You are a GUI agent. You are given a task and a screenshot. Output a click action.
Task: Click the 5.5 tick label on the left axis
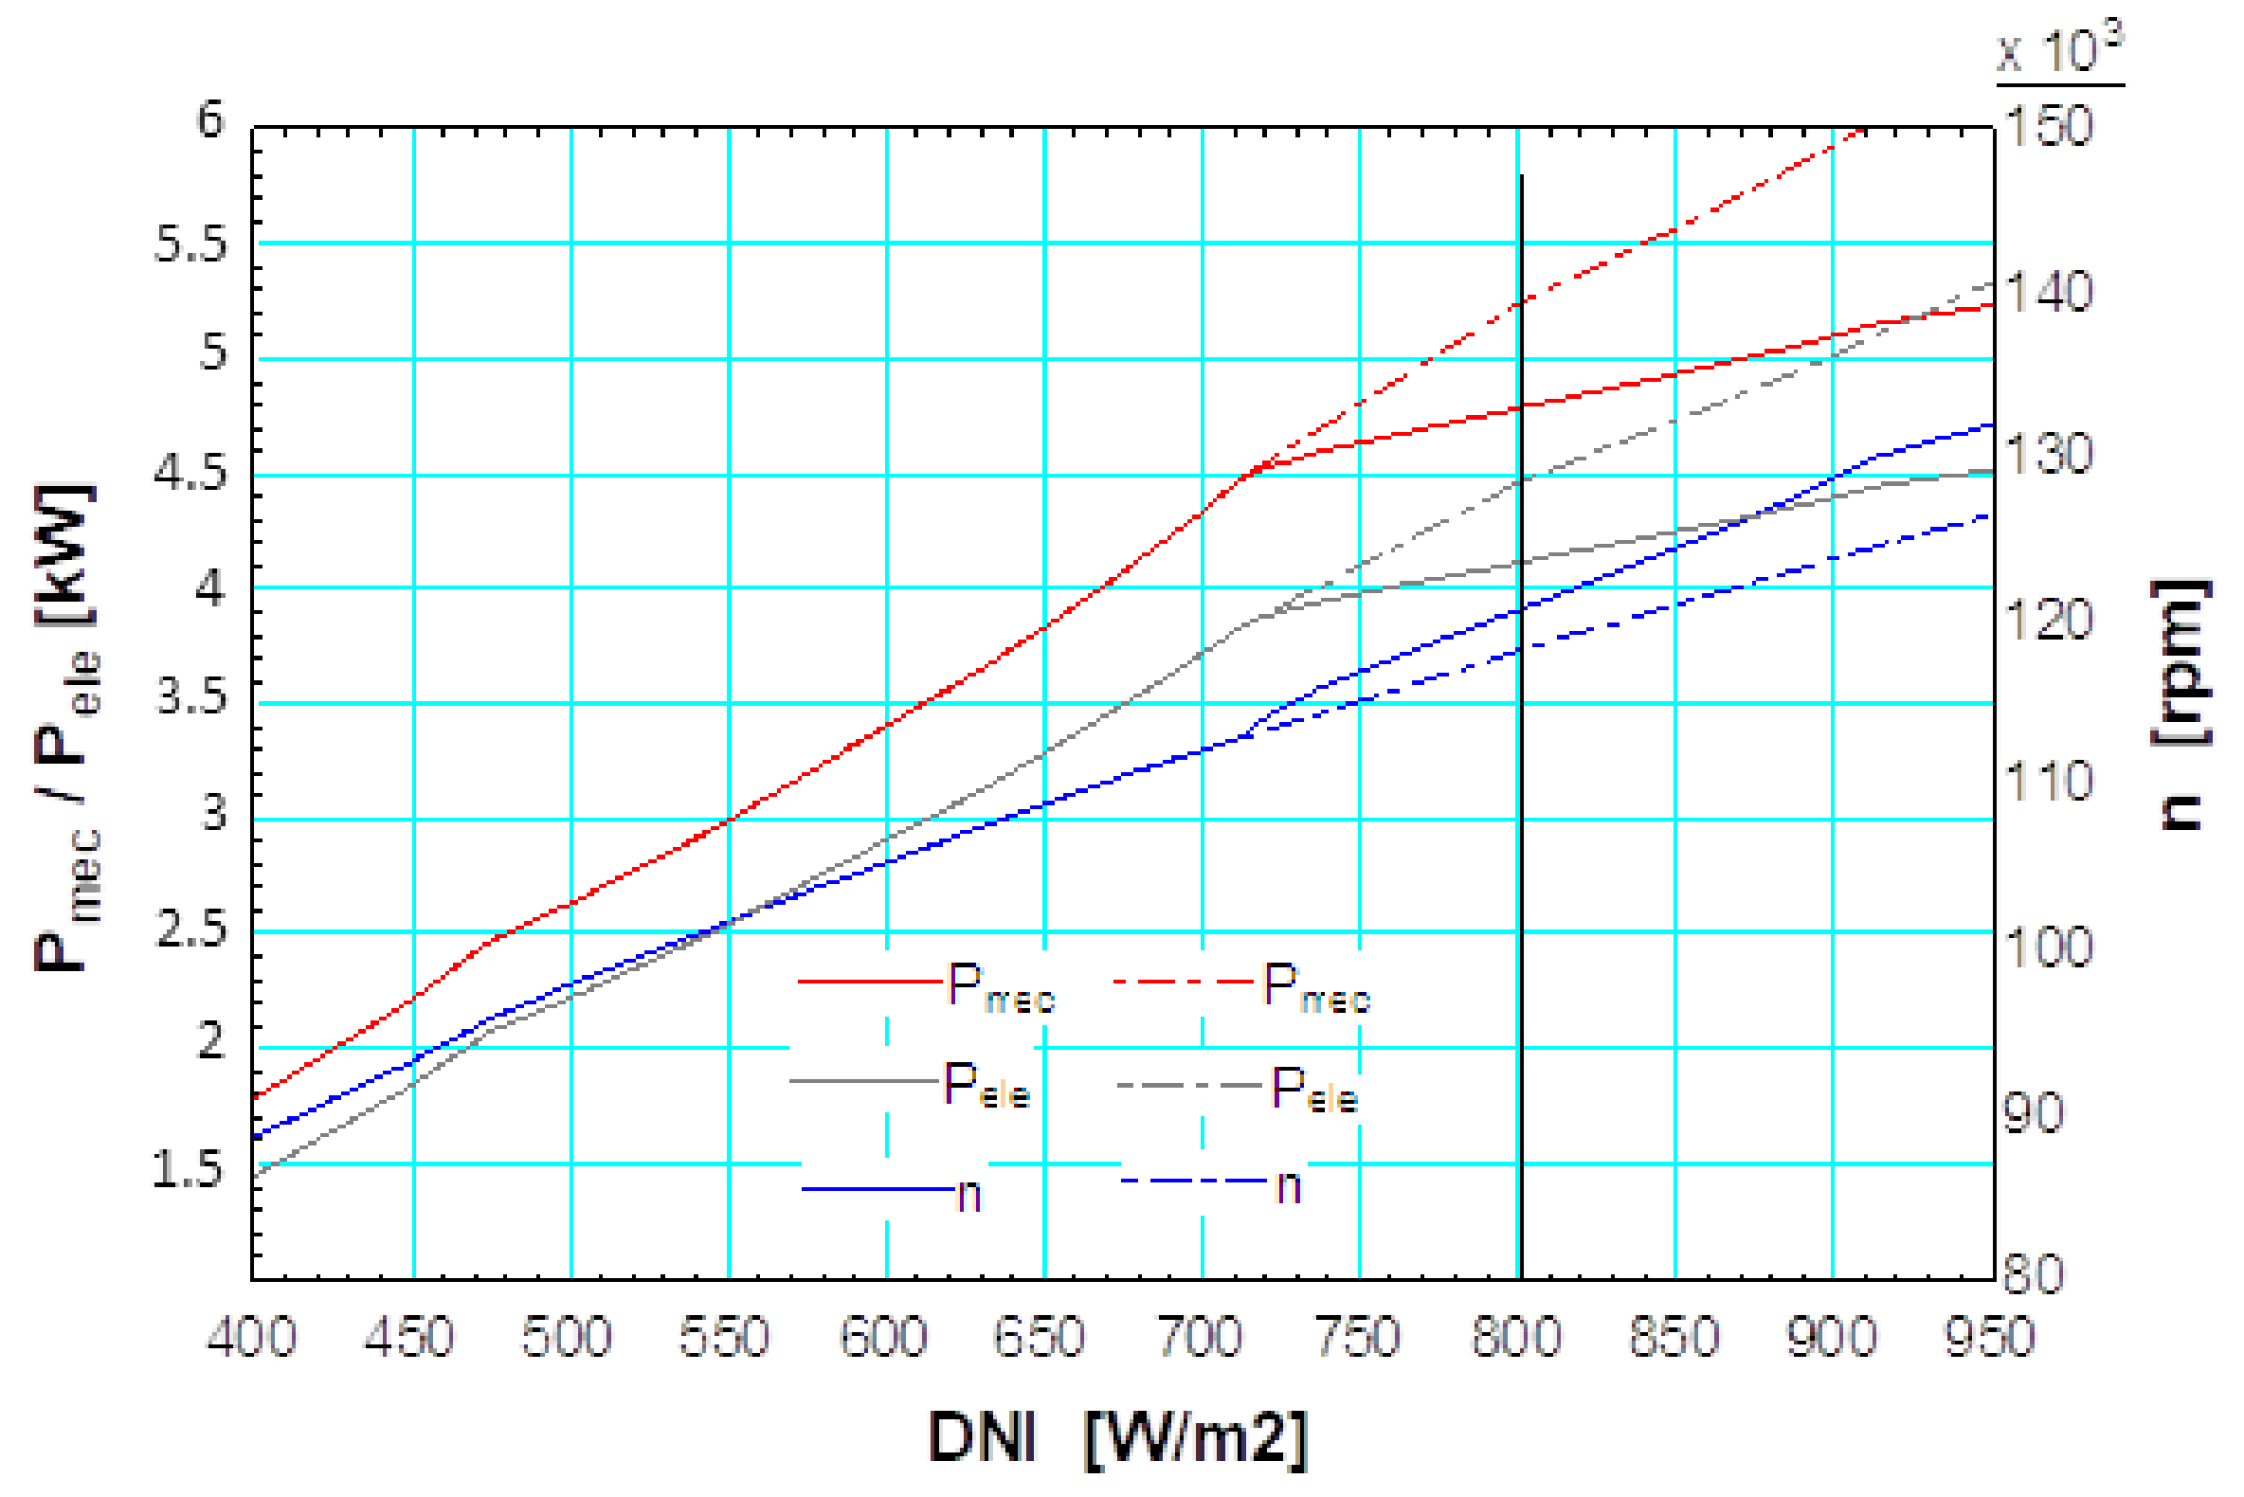tap(191, 245)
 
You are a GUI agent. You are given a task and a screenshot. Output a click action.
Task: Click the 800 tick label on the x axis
tap(1516, 1337)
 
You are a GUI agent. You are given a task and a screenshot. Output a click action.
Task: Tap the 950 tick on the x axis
tap(1992, 1337)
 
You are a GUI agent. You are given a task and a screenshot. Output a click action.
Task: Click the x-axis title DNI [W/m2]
tap(1117, 1438)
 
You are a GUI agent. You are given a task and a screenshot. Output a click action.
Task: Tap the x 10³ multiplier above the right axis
tap(2061, 49)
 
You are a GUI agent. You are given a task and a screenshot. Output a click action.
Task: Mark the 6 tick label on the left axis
tap(210, 120)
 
